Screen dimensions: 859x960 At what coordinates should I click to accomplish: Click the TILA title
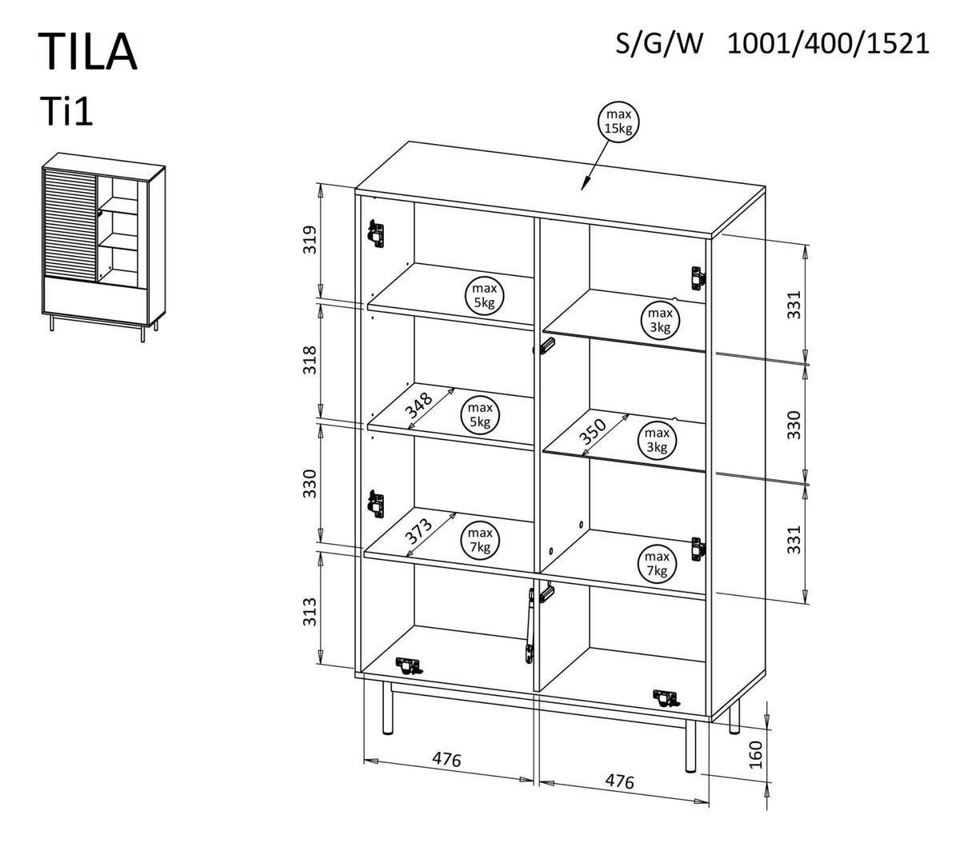click(x=88, y=52)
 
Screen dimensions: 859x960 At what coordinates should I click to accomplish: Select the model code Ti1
click(x=66, y=112)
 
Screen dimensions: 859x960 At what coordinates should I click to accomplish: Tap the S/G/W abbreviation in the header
click(x=658, y=43)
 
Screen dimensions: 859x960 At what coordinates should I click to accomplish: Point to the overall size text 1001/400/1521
click(x=828, y=43)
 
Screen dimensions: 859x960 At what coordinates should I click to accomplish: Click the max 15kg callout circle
click(x=620, y=122)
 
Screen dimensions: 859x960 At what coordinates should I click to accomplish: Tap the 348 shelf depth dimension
click(x=419, y=406)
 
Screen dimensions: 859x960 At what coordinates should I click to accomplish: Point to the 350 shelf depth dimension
click(x=594, y=432)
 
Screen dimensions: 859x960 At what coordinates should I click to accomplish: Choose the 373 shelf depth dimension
click(x=418, y=531)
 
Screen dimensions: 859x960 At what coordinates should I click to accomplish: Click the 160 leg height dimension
click(x=755, y=753)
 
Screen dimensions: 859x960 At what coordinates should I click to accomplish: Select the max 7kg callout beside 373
click(x=480, y=540)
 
